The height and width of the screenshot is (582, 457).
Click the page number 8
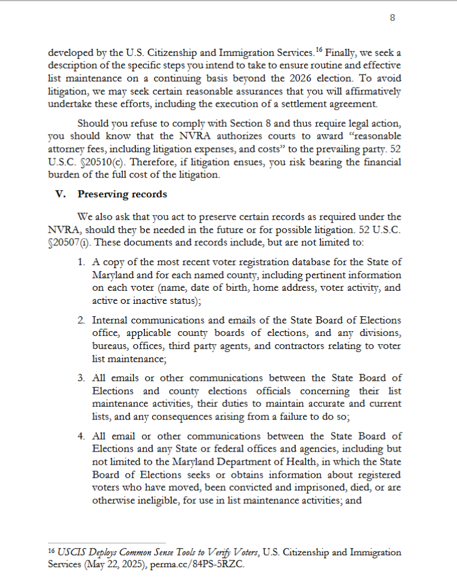click(x=393, y=18)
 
